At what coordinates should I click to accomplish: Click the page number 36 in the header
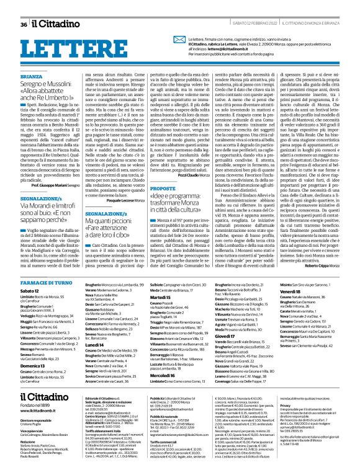point(24,7)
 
